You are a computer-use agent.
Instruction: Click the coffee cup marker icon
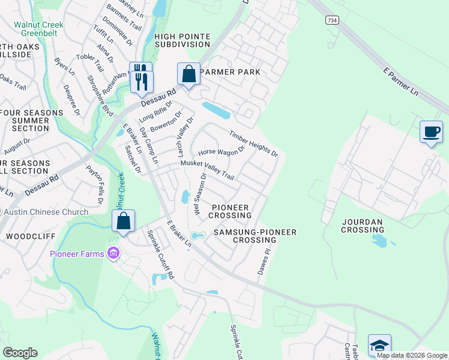430,131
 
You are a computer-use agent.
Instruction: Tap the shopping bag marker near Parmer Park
188,74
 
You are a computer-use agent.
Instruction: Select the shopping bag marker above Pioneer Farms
123,221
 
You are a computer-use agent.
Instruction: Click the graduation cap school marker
379,345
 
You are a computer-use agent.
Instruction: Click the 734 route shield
331,20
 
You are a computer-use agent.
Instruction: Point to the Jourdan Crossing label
362,226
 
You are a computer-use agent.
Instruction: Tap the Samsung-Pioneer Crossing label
247,236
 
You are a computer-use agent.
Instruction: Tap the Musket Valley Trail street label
206,170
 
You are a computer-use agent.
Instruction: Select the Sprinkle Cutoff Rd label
160,255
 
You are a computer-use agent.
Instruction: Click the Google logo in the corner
20,352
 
